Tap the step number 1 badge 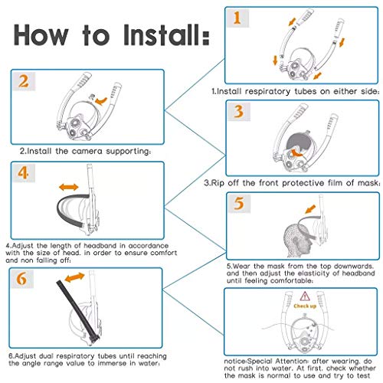pyautogui.click(x=237, y=18)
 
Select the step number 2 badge pyautogui.click(x=24, y=81)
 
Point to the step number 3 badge pyautogui.click(x=239, y=112)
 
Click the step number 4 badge pyautogui.click(x=24, y=173)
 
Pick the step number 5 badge pyautogui.click(x=239, y=204)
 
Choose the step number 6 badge pyautogui.click(x=22, y=279)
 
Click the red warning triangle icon pyautogui.click(x=305, y=296)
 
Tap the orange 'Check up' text pyautogui.click(x=305, y=306)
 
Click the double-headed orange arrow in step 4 pyautogui.click(x=68, y=187)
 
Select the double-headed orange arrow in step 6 pyautogui.click(x=74, y=277)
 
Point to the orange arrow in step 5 pyautogui.click(x=310, y=209)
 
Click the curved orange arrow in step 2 pyautogui.click(x=102, y=101)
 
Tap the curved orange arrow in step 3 pyautogui.click(x=296, y=152)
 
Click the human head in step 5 pyautogui.click(x=297, y=240)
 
